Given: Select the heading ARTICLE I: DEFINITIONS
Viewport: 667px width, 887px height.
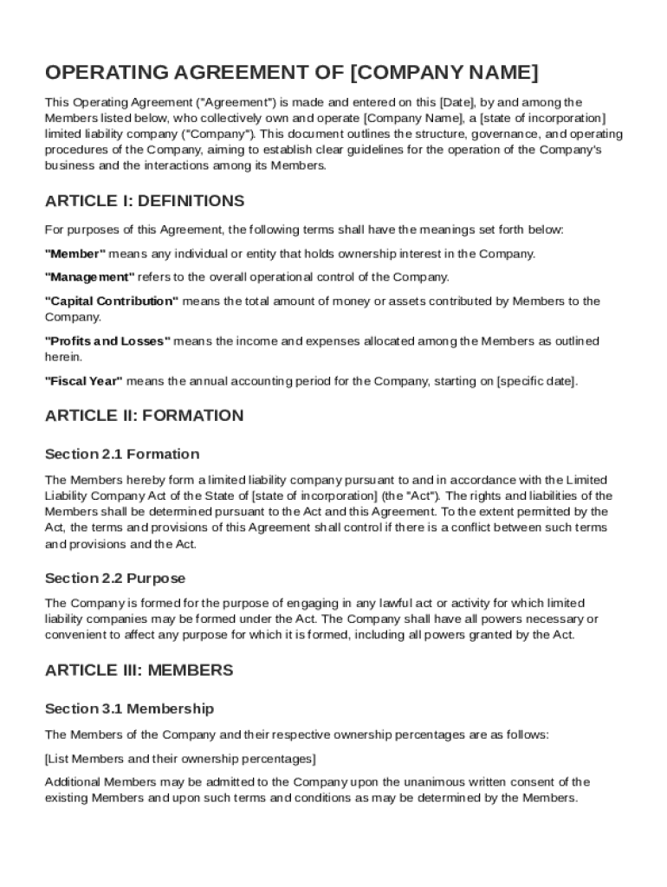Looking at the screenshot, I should tap(144, 201).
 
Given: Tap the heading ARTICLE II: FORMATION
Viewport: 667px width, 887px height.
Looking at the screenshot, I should tap(144, 415).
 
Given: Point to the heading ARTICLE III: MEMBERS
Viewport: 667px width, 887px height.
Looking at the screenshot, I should tap(139, 670).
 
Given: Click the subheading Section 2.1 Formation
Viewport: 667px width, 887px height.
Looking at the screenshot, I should tap(122, 454).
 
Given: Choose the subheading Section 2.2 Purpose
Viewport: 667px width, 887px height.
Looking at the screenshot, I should tap(115, 578).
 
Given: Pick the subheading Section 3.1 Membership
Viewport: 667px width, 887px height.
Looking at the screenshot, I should tap(129, 709).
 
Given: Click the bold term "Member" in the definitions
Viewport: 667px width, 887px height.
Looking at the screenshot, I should tap(74, 254).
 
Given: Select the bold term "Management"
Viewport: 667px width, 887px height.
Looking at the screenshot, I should tap(89, 277).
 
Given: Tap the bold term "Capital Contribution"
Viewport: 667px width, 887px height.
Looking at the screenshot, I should tap(111, 301).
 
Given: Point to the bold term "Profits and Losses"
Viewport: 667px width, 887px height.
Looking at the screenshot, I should tap(107, 341).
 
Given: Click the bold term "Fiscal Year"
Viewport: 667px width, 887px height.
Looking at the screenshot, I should tap(83, 381).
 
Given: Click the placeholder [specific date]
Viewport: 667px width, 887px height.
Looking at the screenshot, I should tap(536, 381).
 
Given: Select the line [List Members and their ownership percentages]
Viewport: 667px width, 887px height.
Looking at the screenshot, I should tap(180, 759).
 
